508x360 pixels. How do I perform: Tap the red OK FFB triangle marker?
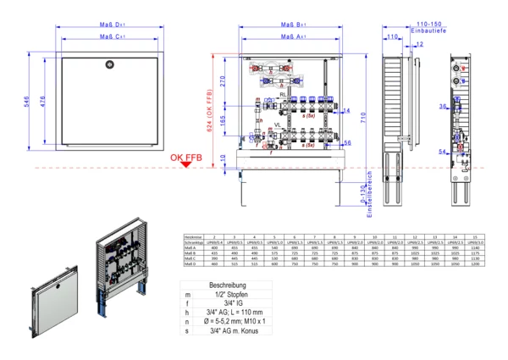185,164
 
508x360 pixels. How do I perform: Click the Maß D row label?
194,266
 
